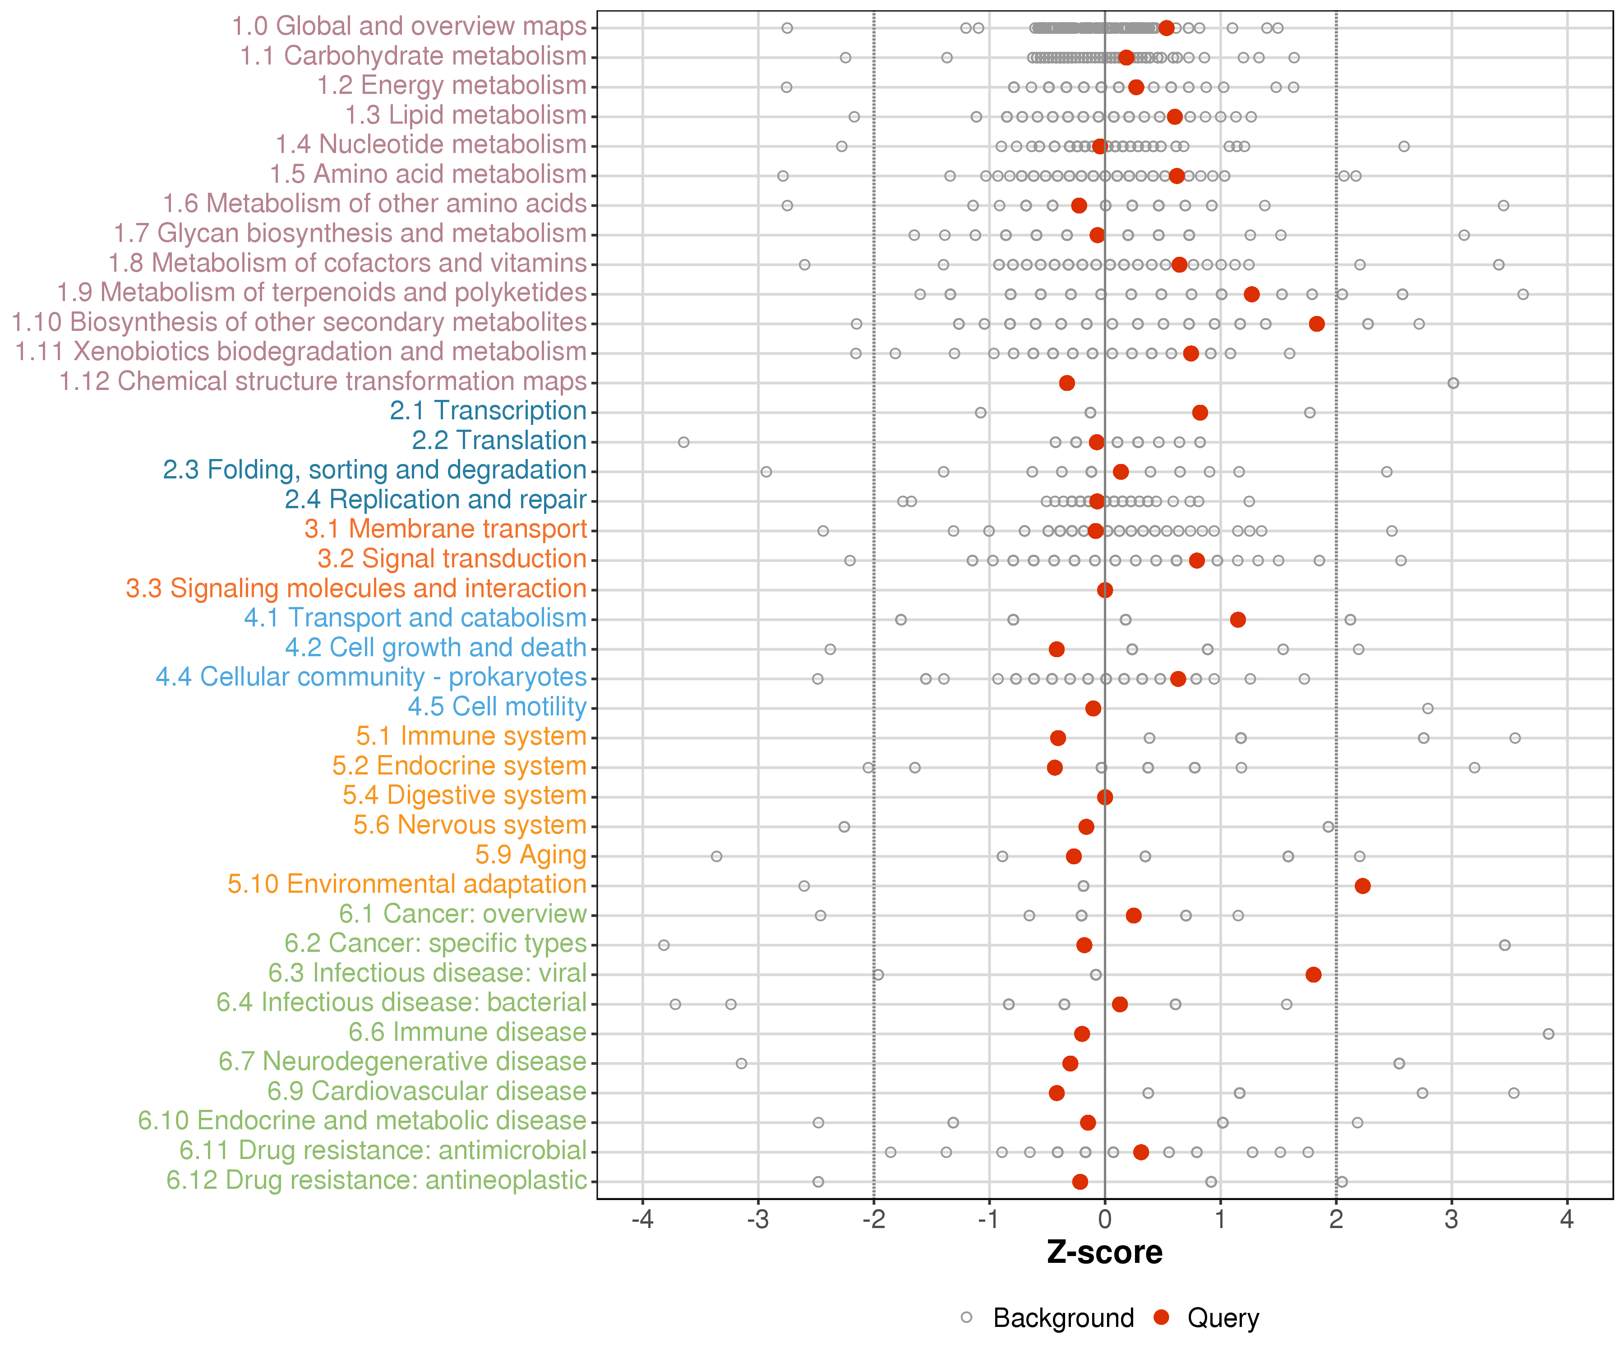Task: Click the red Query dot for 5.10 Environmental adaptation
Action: [1363, 886]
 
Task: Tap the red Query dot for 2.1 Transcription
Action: [1200, 413]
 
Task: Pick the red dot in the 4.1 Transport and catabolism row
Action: [1237, 620]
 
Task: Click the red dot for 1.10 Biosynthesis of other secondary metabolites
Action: [1316, 324]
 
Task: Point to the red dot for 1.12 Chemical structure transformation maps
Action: [1066, 383]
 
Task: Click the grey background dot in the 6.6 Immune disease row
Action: [1548, 1034]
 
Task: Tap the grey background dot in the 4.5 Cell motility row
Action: [1428, 708]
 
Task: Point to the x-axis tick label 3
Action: [1452, 1220]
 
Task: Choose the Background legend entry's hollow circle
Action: [967, 1317]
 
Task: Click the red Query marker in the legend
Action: [1161, 1317]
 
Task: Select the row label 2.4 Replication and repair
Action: [435, 500]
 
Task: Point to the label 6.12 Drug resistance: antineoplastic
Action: [377, 1181]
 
